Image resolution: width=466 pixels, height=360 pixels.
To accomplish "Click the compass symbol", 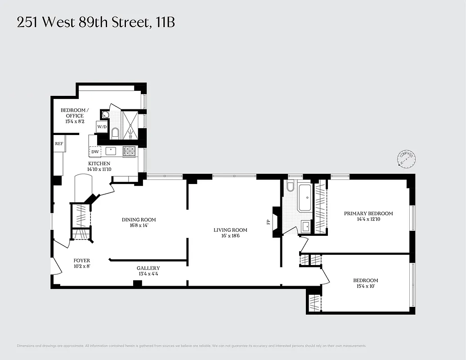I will tap(406, 158).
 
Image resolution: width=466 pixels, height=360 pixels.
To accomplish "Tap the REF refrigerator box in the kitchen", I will tap(59, 144).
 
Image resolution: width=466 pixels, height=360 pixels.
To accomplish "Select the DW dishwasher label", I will tap(95, 152).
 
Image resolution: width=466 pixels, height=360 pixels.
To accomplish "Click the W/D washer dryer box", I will tap(102, 127).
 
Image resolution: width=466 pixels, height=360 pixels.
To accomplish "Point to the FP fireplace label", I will tap(269, 222).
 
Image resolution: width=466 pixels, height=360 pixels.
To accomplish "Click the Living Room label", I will tap(230, 230).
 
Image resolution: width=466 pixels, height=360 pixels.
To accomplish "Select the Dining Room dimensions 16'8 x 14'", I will tap(139, 225).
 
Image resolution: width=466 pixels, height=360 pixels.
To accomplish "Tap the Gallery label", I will tap(148, 268).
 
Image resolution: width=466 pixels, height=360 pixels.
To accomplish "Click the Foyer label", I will tap(82, 261).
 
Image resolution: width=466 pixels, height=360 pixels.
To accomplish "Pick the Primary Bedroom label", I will tap(368, 213).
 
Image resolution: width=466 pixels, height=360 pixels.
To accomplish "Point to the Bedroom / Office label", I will tap(75, 113).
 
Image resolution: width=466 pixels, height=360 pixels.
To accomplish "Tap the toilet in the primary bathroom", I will tap(290, 187).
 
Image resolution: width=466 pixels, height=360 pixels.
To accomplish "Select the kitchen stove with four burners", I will tap(130, 151).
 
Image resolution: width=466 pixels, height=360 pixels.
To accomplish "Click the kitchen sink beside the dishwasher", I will tap(112, 151).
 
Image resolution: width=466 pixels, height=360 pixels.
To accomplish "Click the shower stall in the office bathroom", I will tap(130, 125).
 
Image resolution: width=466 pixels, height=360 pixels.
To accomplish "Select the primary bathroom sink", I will tap(305, 226).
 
